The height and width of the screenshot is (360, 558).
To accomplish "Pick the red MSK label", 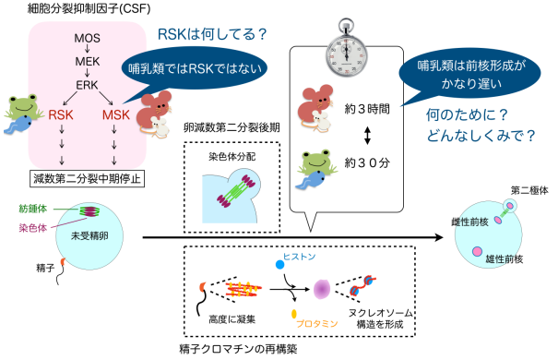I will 115,116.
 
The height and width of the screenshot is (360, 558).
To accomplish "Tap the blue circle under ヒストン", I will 280,265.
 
